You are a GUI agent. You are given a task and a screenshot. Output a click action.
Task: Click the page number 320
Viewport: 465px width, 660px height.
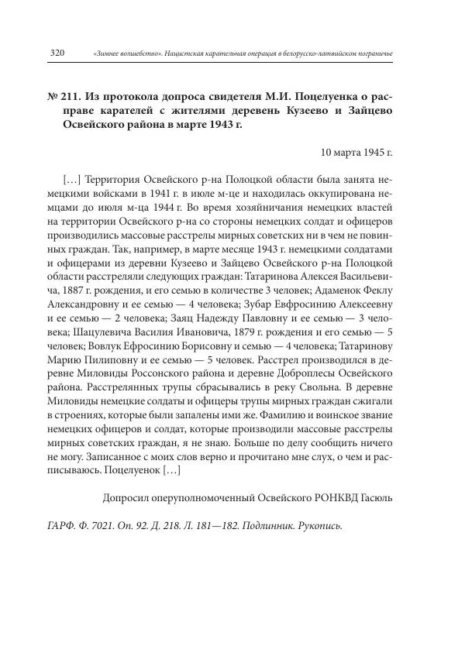(56, 53)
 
